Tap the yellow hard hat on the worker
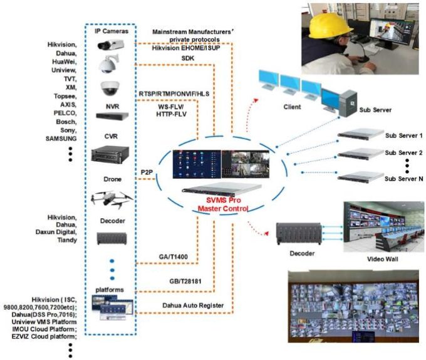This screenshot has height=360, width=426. click(x=329, y=25)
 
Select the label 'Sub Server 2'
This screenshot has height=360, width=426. click(x=403, y=153)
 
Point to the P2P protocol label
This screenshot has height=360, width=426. click(x=147, y=172)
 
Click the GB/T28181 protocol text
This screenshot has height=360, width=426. click(x=185, y=281)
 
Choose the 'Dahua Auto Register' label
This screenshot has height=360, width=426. click(x=193, y=305)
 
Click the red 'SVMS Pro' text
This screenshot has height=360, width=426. click(x=223, y=200)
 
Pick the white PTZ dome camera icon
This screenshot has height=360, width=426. click(x=108, y=63)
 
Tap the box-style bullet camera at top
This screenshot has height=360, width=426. click(x=111, y=45)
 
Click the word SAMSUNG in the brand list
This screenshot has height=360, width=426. click(x=61, y=139)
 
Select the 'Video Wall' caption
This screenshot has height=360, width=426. click(x=383, y=259)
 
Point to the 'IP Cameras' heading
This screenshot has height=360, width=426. click(x=112, y=31)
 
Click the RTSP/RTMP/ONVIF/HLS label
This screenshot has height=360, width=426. click(x=174, y=94)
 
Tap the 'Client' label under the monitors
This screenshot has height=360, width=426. click(x=292, y=107)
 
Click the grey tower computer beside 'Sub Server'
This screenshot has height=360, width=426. click(x=348, y=103)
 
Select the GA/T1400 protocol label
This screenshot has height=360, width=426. click(x=173, y=257)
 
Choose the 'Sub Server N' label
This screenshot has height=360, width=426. click(x=403, y=179)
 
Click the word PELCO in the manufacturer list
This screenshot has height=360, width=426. click(x=65, y=113)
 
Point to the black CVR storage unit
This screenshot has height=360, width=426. click(x=110, y=154)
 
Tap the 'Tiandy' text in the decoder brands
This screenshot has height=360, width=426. click(x=67, y=240)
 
